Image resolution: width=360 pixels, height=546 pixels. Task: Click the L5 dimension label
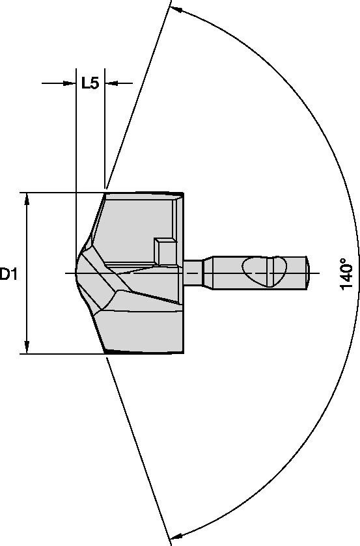tap(90, 83)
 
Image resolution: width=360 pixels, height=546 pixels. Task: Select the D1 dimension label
tap(8, 274)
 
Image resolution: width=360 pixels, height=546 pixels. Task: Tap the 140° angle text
tap(346, 274)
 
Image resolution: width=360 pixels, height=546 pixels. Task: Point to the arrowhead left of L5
tap(69, 83)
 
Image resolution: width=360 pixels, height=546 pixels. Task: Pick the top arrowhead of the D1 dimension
tap(27, 199)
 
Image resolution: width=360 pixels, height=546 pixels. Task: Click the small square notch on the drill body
tap(163, 251)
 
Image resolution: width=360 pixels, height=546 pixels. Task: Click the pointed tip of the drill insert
tap(77, 273)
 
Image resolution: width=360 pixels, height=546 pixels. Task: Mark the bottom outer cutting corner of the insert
tap(105, 353)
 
